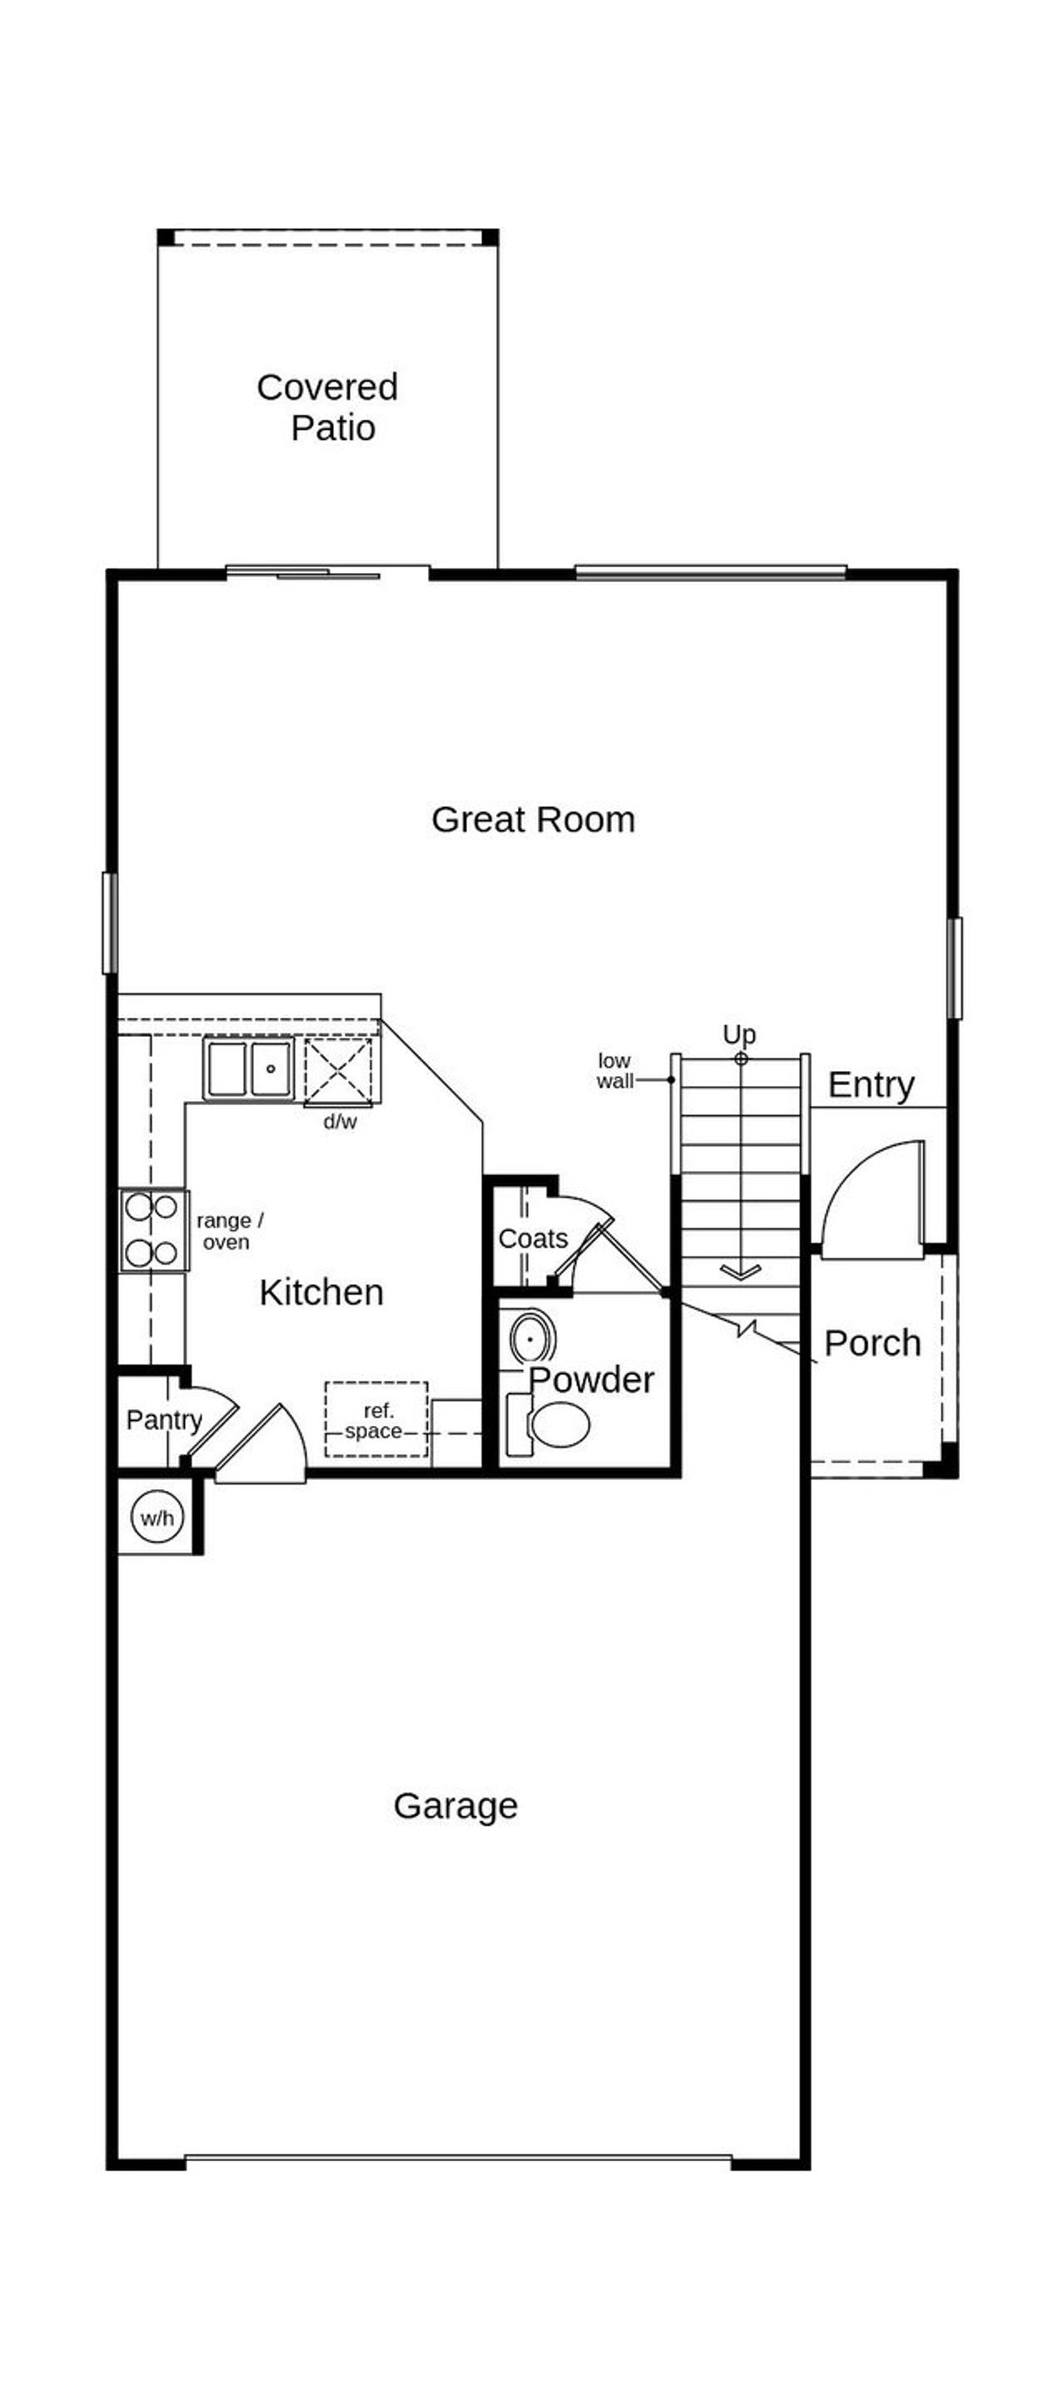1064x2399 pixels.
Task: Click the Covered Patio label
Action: (x=328, y=407)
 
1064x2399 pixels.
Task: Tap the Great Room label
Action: (x=533, y=820)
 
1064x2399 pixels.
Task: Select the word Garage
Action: (x=456, y=1804)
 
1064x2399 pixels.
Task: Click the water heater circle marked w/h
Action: (x=157, y=1518)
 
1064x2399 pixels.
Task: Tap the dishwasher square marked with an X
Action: (x=338, y=1072)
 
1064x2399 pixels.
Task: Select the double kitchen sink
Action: (x=249, y=1069)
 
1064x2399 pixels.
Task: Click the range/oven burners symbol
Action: (x=153, y=1230)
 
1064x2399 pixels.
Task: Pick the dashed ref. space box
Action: (x=376, y=1419)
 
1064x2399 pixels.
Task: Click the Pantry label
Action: (x=164, y=1419)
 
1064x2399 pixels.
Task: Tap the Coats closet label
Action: (x=533, y=1239)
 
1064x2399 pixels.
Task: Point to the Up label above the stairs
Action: (x=739, y=1034)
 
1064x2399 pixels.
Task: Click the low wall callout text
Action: (x=614, y=1071)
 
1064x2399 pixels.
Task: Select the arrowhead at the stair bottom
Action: (x=741, y=1271)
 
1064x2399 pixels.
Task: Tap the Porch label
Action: (x=872, y=1343)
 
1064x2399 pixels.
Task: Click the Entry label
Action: (x=870, y=1085)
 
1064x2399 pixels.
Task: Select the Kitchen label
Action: (x=321, y=1292)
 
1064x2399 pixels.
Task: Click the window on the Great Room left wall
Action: (x=110, y=923)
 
